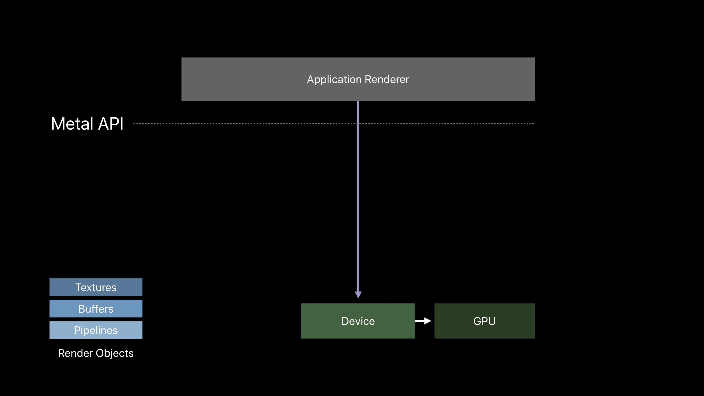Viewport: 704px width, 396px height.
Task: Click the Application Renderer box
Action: [358, 79]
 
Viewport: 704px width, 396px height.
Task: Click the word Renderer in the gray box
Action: [387, 79]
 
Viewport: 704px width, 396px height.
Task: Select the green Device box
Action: [358, 321]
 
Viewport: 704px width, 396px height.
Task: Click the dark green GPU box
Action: [484, 321]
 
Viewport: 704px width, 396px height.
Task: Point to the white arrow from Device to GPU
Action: [423, 321]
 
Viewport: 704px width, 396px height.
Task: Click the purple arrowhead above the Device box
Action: [358, 294]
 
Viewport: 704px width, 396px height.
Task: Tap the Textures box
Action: [96, 287]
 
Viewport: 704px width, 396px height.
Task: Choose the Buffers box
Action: [96, 308]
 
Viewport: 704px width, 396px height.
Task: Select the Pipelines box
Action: [96, 330]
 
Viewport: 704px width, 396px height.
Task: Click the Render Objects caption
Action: [96, 353]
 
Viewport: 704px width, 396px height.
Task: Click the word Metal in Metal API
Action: [72, 124]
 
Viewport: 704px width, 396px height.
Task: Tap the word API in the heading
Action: [111, 124]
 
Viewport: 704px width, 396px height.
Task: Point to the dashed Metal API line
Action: [334, 123]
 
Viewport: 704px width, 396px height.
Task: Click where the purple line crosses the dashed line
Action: [358, 123]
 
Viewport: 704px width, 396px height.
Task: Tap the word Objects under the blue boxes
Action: [115, 353]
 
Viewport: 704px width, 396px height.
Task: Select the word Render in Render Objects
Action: [75, 353]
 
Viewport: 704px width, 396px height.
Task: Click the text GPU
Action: [484, 321]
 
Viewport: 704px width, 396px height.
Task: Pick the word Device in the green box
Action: [358, 321]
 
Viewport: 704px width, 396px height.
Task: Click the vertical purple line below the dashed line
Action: [358, 208]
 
